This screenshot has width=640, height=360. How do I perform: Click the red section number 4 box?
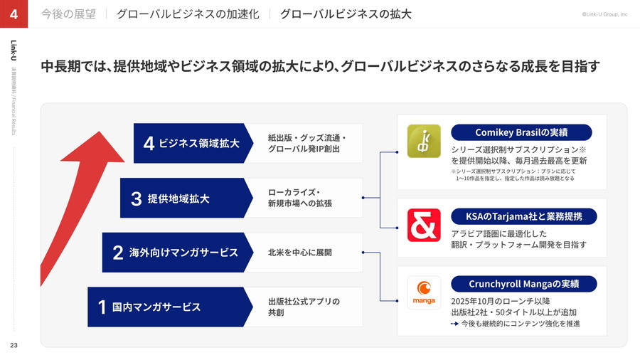tap(14, 14)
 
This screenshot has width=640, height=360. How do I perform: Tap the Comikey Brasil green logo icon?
tap(424, 141)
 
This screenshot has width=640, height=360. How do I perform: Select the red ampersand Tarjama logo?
tap(424, 225)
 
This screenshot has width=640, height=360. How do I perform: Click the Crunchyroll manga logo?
tap(424, 293)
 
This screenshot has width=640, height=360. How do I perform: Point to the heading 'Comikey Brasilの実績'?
tap(521, 133)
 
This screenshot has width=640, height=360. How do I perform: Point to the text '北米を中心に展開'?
tap(299, 253)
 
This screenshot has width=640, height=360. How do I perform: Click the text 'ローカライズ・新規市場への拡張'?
tap(299, 198)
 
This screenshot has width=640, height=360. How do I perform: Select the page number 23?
tap(14, 346)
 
